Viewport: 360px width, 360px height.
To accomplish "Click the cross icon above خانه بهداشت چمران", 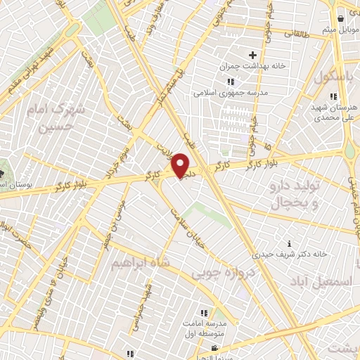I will click(x=252, y=54).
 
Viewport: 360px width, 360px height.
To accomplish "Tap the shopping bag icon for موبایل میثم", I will click(x=340, y=18).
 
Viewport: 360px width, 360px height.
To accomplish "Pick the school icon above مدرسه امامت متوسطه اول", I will click(x=204, y=313).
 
